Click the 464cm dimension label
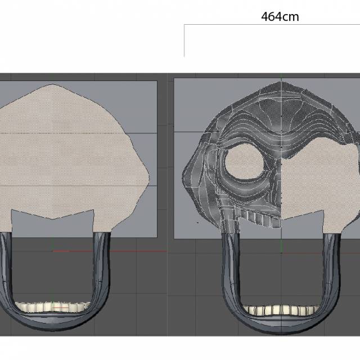[x=280, y=16]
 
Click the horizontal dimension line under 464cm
[x=270, y=25]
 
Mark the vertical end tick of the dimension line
[x=184, y=41]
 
